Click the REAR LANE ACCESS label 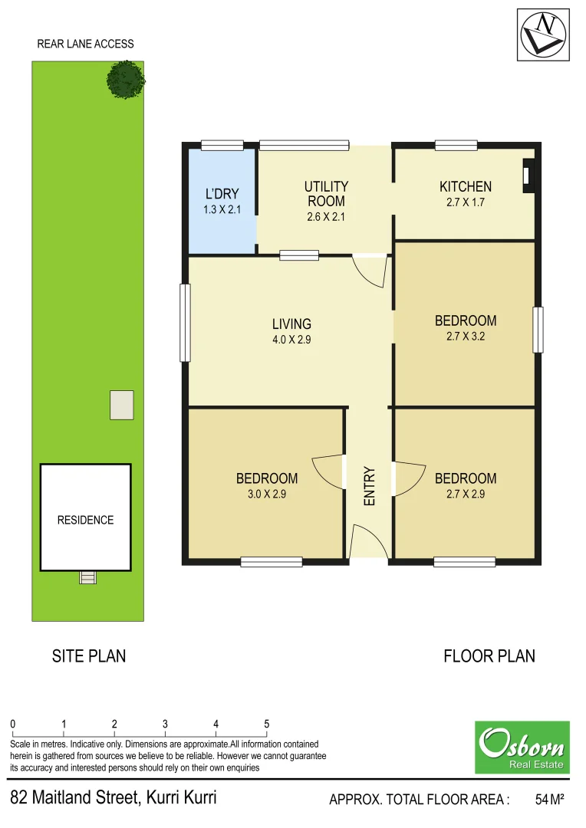(85, 44)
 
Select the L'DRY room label (222, 194)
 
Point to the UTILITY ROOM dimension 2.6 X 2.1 (326, 217)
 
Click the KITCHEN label (466, 186)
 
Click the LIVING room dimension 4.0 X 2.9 (291, 340)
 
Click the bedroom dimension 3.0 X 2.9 (267, 495)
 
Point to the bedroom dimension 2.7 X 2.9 (466, 495)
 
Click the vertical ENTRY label (369, 485)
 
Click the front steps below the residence (88, 577)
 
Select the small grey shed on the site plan (121, 405)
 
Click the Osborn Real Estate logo (522, 747)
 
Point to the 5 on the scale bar (267, 724)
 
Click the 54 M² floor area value (549, 800)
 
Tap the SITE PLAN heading (89, 656)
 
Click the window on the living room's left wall (185, 323)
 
